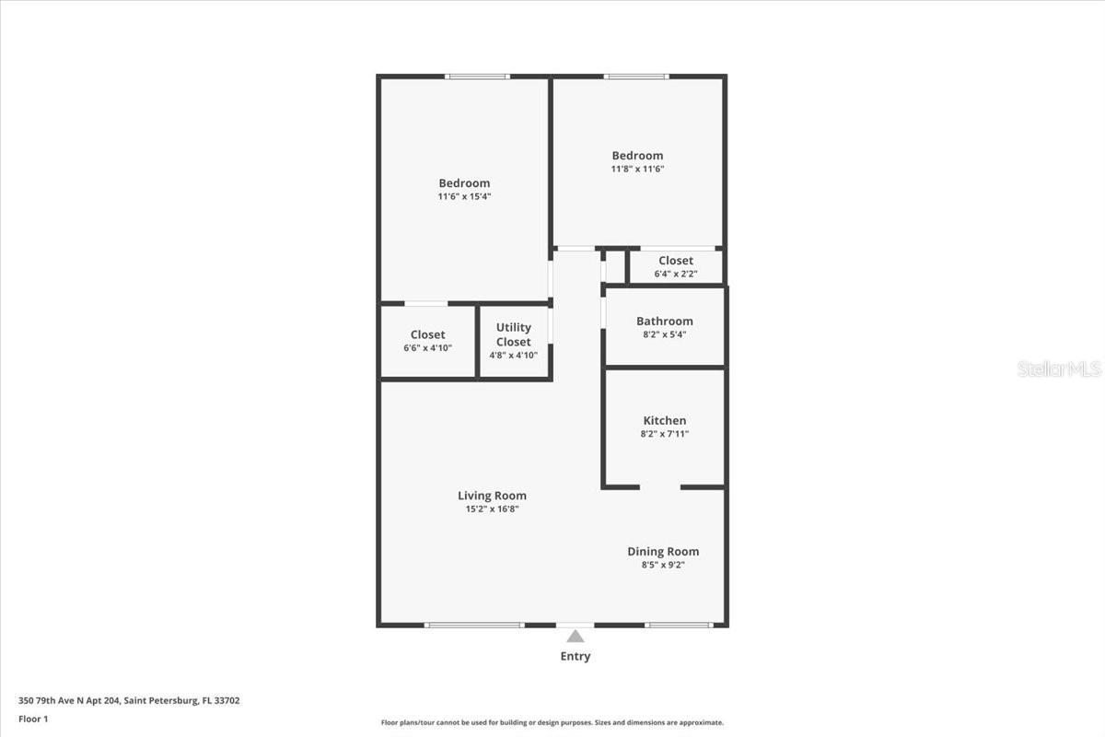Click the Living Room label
tap(492, 496)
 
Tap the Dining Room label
tap(663, 552)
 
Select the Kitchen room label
tap(664, 421)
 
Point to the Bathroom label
tap(664, 322)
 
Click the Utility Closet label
tap(514, 334)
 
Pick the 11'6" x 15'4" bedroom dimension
tap(464, 196)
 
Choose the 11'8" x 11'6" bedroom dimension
tap(637, 170)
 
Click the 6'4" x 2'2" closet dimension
tap(675, 274)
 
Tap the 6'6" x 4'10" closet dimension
tap(427, 348)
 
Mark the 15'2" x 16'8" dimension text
tap(492, 509)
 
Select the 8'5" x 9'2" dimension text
tap(663, 565)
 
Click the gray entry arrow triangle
tap(576, 636)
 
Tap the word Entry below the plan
tap(576, 657)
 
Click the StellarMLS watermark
tap(1059, 369)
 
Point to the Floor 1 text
tap(33, 719)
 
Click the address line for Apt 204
tap(129, 701)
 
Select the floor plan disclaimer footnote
tap(552, 723)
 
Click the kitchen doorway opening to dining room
tap(660, 486)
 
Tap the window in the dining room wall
tap(679, 626)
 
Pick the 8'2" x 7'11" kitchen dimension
tap(664, 434)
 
